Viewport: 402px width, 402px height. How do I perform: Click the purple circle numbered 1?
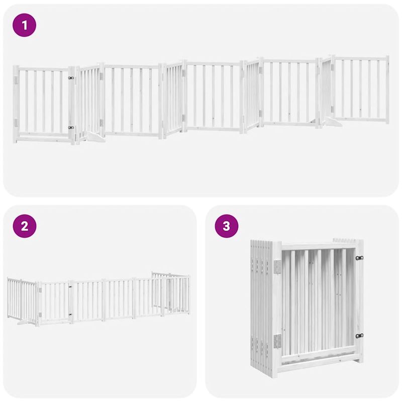[x=24, y=25]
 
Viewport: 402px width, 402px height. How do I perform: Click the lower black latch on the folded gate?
[x=359, y=336]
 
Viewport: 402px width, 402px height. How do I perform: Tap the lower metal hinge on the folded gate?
[x=276, y=341]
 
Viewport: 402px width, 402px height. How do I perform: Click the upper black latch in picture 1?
[x=71, y=78]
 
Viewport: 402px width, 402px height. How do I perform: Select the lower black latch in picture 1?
[x=71, y=128]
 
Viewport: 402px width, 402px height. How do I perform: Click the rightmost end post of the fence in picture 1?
[x=387, y=89]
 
